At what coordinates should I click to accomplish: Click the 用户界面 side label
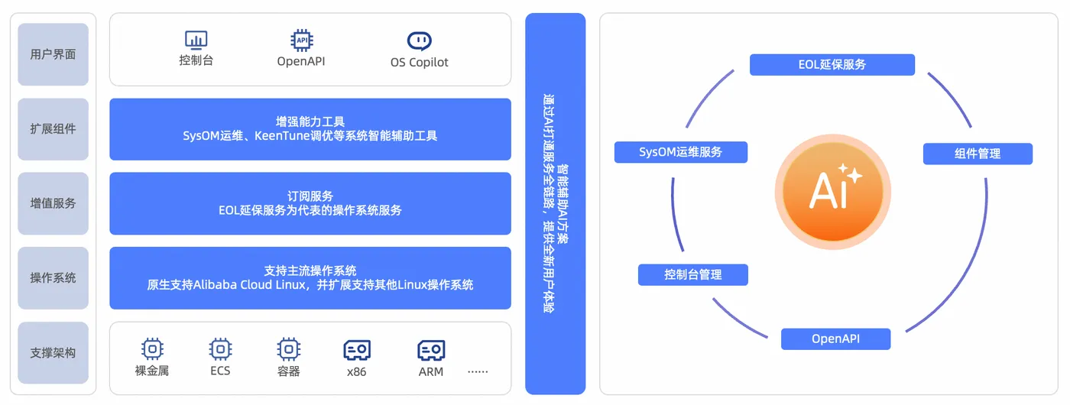tap(53, 54)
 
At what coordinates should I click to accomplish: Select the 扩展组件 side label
tap(53, 129)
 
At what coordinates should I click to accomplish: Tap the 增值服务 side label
tap(53, 203)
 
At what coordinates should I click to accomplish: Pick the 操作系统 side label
tap(53, 278)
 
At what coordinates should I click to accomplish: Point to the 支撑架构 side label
tap(53, 353)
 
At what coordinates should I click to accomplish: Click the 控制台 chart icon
tap(196, 40)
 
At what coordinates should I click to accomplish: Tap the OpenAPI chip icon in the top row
tap(301, 40)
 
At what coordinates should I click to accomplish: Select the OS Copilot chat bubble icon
tap(419, 40)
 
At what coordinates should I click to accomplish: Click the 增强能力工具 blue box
tap(310, 129)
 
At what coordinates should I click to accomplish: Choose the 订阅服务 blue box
tap(310, 203)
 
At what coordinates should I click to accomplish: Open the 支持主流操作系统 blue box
tap(310, 278)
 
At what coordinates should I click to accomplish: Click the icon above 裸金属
tap(153, 350)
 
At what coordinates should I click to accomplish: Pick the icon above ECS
tap(220, 350)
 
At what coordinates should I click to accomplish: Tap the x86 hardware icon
tap(357, 351)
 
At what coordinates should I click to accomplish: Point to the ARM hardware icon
tap(431, 351)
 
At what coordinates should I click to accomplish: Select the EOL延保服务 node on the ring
tap(832, 65)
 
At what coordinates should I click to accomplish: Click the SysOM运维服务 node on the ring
tap(681, 152)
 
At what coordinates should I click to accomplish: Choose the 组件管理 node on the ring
tap(978, 154)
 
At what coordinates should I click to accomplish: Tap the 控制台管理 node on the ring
tap(693, 274)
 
